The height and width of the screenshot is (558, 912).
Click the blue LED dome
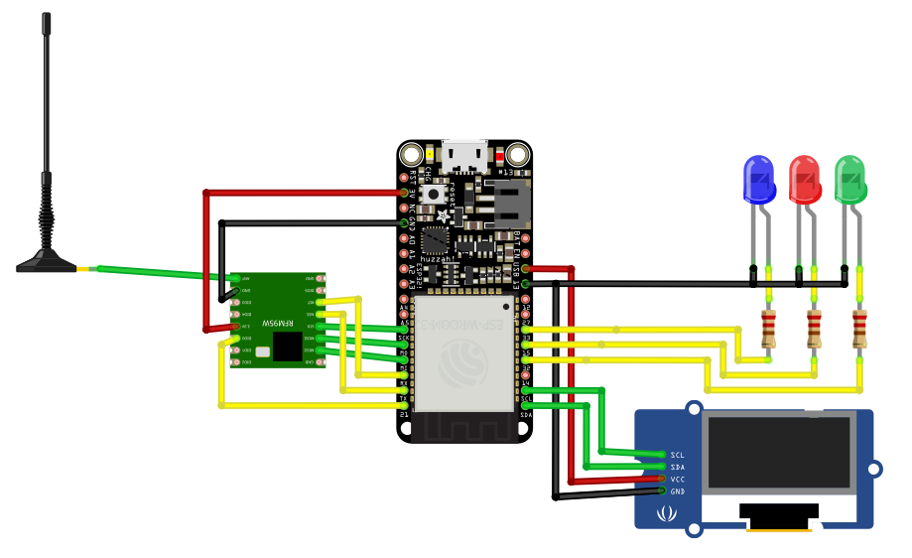[759, 179]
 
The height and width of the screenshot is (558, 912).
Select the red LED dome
[805, 179]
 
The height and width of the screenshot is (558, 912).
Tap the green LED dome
[850, 179]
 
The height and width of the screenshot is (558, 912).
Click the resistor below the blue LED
[768, 329]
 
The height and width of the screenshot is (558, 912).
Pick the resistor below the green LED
[859, 329]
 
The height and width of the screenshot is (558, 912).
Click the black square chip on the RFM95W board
[288, 346]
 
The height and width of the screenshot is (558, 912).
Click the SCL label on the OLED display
[678, 455]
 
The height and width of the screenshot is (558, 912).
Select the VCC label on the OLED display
[678, 480]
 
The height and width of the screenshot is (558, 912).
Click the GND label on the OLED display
[678, 491]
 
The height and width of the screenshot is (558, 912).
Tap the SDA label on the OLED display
[678, 467]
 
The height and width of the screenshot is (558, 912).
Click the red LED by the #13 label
[515, 155]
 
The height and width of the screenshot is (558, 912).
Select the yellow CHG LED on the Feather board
[430, 155]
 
